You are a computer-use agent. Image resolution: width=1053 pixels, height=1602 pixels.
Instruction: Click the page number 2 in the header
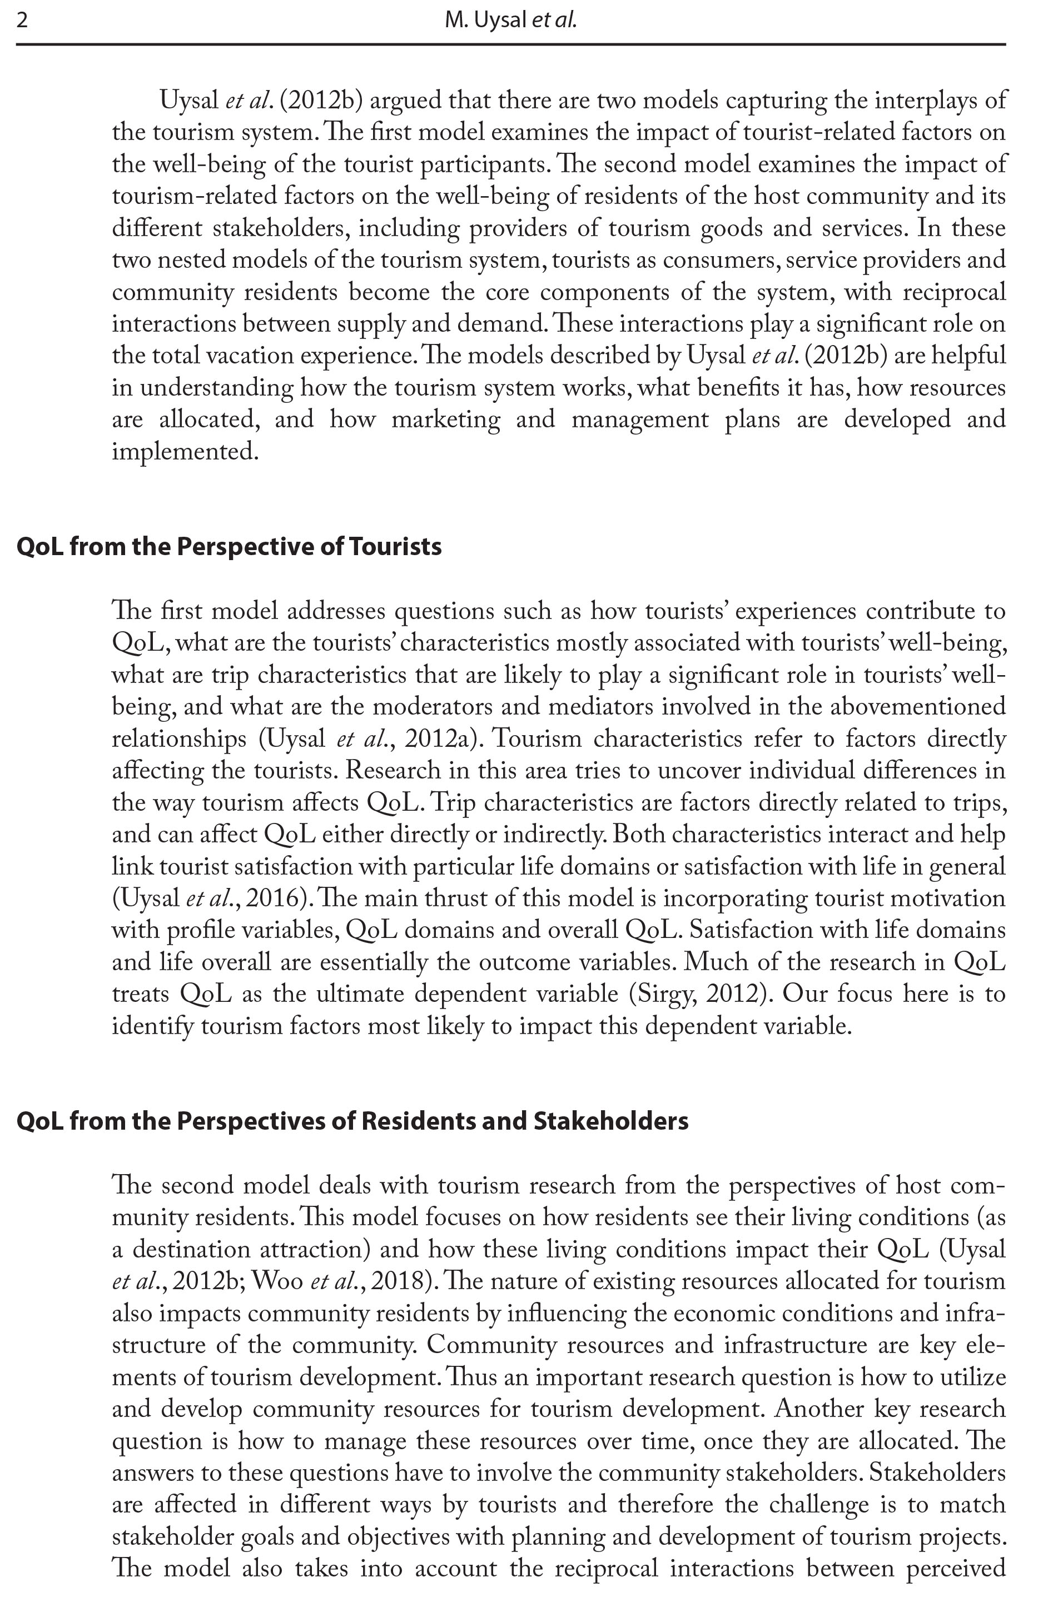coord(22,21)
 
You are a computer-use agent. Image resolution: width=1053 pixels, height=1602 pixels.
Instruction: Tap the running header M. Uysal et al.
coord(510,21)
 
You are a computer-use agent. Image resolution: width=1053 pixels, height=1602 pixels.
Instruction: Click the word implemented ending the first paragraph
coord(185,452)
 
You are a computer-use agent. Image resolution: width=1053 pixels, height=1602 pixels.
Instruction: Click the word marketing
coord(446,420)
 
